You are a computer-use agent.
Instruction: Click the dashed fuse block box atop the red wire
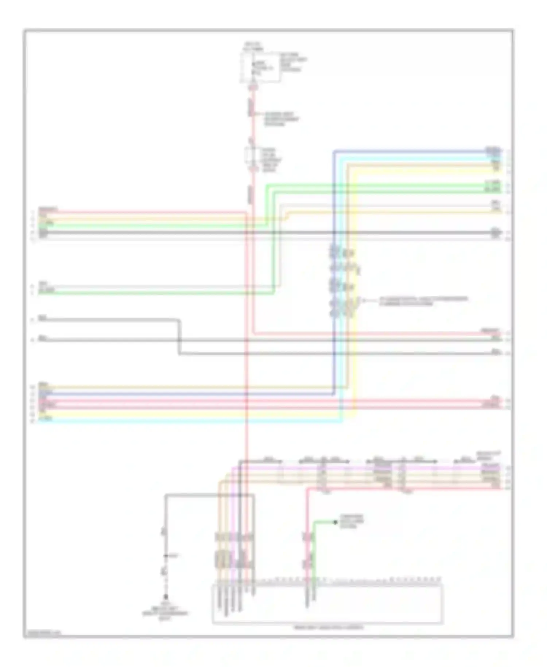tap(260, 68)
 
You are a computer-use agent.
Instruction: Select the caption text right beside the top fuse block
tap(293, 62)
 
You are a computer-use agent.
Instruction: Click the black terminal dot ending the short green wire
tap(335, 523)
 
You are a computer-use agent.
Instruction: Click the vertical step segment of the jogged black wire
tap(179, 338)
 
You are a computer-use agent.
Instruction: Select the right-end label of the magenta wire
tap(490, 466)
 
